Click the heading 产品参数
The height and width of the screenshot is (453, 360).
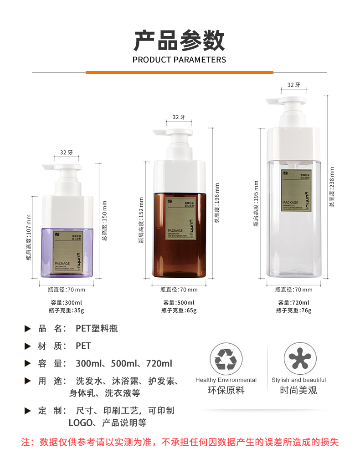coord(179,41)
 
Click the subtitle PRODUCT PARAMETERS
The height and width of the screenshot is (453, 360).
coord(179,60)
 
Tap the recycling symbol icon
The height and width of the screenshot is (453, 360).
coord(226,359)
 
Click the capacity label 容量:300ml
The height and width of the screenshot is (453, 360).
coord(66,303)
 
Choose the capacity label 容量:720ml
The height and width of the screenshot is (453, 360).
coord(293,303)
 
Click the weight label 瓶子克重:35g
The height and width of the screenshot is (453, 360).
coord(66,310)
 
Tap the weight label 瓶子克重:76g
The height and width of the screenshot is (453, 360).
coord(293,310)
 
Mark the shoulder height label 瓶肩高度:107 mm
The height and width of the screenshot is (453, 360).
coord(29,237)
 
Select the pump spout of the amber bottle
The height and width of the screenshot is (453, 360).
coord(160,132)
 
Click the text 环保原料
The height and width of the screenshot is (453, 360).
coord(226,391)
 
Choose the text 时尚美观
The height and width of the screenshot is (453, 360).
coord(298,391)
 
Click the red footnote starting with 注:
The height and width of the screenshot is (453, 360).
coord(180,442)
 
